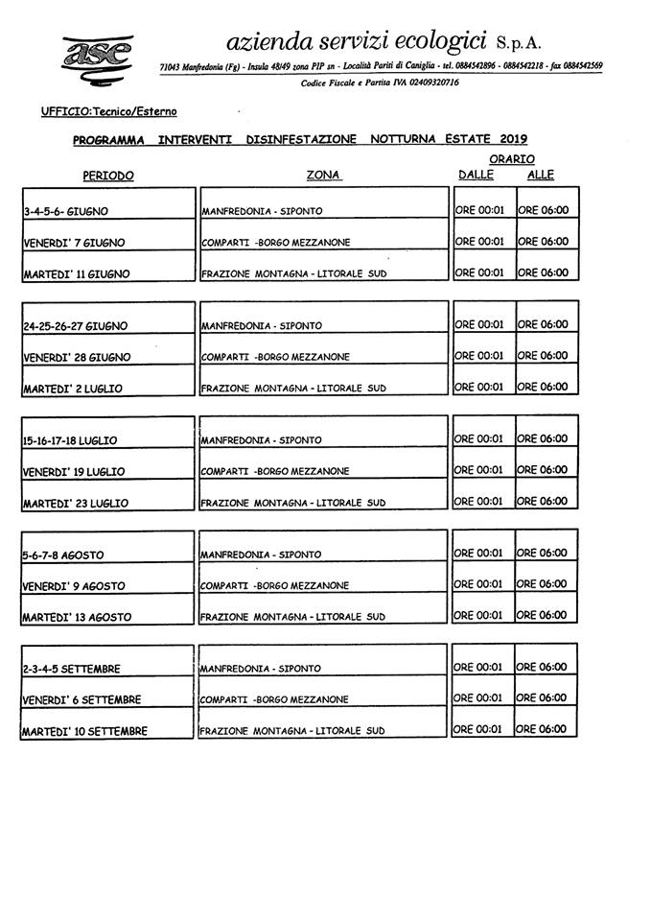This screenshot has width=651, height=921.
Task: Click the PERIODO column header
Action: pyautogui.click(x=107, y=176)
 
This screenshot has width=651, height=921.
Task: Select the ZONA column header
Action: pyautogui.click(x=323, y=176)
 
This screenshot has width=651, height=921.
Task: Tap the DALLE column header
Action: pyautogui.click(x=476, y=175)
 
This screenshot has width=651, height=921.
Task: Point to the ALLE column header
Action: pyautogui.click(x=540, y=175)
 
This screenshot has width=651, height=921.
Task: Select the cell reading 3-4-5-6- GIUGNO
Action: pyautogui.click(x=65, y=211)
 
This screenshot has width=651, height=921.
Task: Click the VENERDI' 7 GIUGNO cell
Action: pyautogui.click(x=74, y=243)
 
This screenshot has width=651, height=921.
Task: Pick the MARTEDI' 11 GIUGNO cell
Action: pyautogui.click(x=76, y=274)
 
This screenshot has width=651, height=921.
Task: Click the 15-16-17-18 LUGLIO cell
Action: pyautogui.click(x=70, y=440)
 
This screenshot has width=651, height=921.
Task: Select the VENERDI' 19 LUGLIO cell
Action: pyautogui.click(x=74, y=472)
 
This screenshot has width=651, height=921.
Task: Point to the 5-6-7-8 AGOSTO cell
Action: pyautogui.click(x=63, y=555)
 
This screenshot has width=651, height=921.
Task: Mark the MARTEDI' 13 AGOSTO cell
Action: pyautogui.click(x=76, y=617)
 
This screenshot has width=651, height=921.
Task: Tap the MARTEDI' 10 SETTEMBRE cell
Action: pyautogui.click(x=84, y=731)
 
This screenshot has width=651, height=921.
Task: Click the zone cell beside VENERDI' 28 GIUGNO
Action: pyautogui.click(x=275, y=357)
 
